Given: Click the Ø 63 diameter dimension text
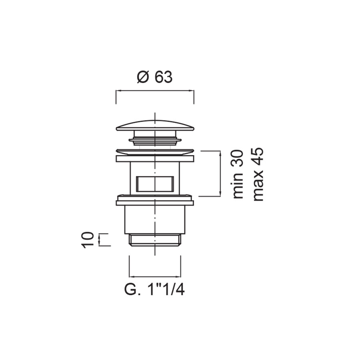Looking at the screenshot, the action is tap(154, 77).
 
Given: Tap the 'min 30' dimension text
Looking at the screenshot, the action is tap(238, 174).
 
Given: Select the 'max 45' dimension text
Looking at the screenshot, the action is tap(258, 174).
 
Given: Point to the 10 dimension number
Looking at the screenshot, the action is tap(88, 240).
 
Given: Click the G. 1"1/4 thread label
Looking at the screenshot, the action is tap(154, 290).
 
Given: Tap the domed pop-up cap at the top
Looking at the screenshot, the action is tap(155, 126).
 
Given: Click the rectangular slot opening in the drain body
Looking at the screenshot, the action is tap(155, 184).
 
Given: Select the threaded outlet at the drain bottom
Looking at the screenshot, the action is tap(155, 240).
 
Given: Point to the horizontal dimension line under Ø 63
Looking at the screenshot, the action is tap(155, 91).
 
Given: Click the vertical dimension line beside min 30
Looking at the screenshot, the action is tap(220, 174).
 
